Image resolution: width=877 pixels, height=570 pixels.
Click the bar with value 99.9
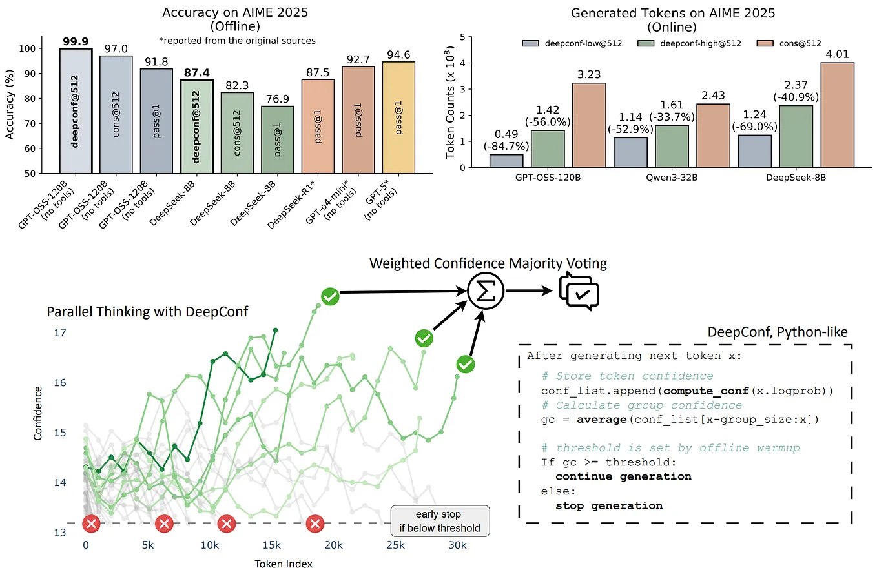point(75,110)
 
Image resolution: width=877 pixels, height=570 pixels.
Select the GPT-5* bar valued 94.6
point(398,117)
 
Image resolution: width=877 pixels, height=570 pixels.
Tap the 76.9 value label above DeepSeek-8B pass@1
point(278,99)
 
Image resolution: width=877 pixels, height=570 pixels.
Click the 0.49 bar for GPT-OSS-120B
point(506,161)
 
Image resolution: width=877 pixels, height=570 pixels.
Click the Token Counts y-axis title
point(451,103)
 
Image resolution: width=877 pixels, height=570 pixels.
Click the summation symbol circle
point(484,292)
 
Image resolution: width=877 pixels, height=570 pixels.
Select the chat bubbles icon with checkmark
point(579,292)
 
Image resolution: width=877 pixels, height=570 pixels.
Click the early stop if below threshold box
point(440,521)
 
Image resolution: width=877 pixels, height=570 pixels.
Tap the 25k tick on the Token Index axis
point(395,545)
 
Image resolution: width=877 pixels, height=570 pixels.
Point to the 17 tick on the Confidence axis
point(59,333)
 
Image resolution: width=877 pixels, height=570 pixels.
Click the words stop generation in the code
point(609,505)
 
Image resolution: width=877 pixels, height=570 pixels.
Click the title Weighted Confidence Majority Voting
point(488,263)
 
